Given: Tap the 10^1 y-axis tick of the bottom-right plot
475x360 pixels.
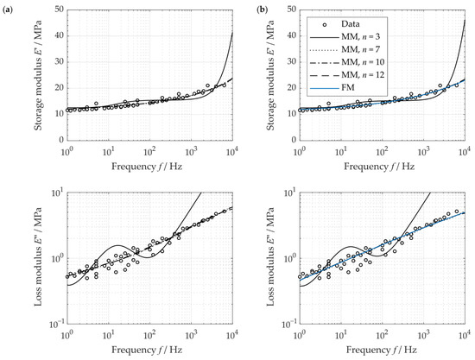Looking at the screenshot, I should point(288,194).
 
